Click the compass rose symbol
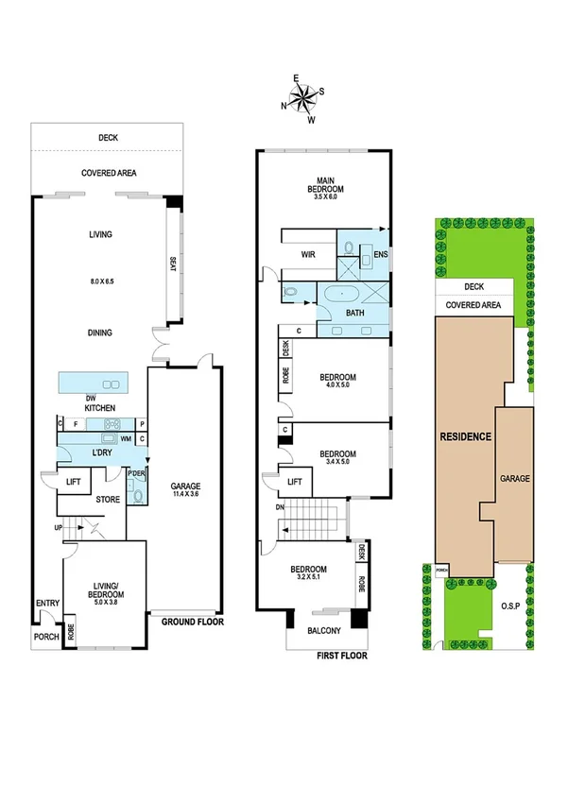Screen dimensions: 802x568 [303, 97]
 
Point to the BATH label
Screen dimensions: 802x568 [355, 312]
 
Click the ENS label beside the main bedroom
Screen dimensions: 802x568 [382, 254]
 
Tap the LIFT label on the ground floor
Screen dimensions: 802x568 [73, 482]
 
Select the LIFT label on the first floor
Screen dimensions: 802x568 [294, 482]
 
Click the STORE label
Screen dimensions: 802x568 [107, 500]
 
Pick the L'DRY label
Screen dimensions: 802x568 [103, 452]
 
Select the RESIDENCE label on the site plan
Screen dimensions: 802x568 [464, 437]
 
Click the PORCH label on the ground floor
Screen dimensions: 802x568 [47, 638]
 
